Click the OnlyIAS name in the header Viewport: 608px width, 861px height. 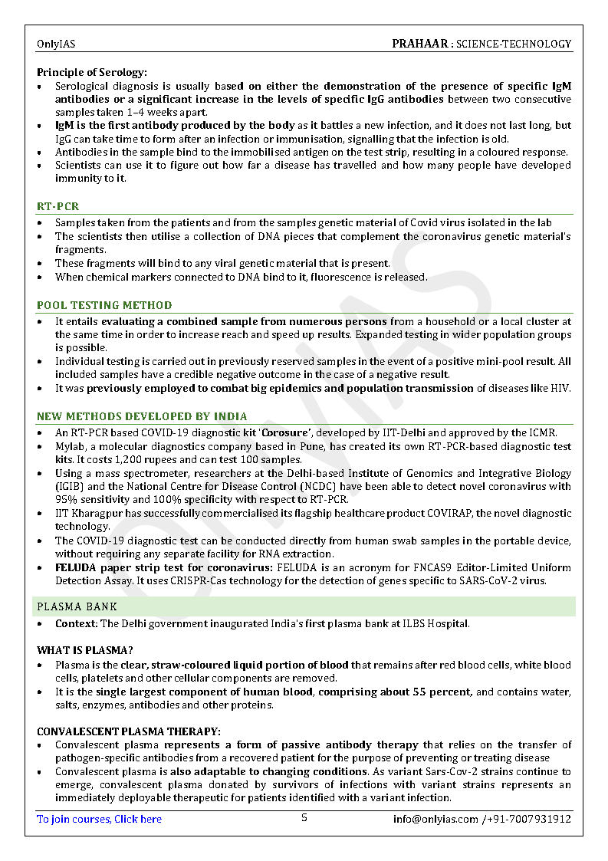[56, 44]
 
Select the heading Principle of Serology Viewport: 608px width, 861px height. [91, 72]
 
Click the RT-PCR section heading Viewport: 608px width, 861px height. [58, 206]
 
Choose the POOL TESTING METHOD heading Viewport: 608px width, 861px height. [104, 305]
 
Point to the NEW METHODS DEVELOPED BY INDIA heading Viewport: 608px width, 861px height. [142, 416]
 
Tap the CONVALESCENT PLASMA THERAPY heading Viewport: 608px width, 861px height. [129, 731]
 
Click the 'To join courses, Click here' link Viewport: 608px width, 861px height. [100, 819]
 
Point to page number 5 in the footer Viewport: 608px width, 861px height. [304, 818]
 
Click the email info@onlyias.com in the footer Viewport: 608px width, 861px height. [435, 819]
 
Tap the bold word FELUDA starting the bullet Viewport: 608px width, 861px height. [75, 567]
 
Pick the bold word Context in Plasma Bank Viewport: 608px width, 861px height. [76, 623]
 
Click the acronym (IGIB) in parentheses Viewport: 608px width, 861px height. [69, 486]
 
